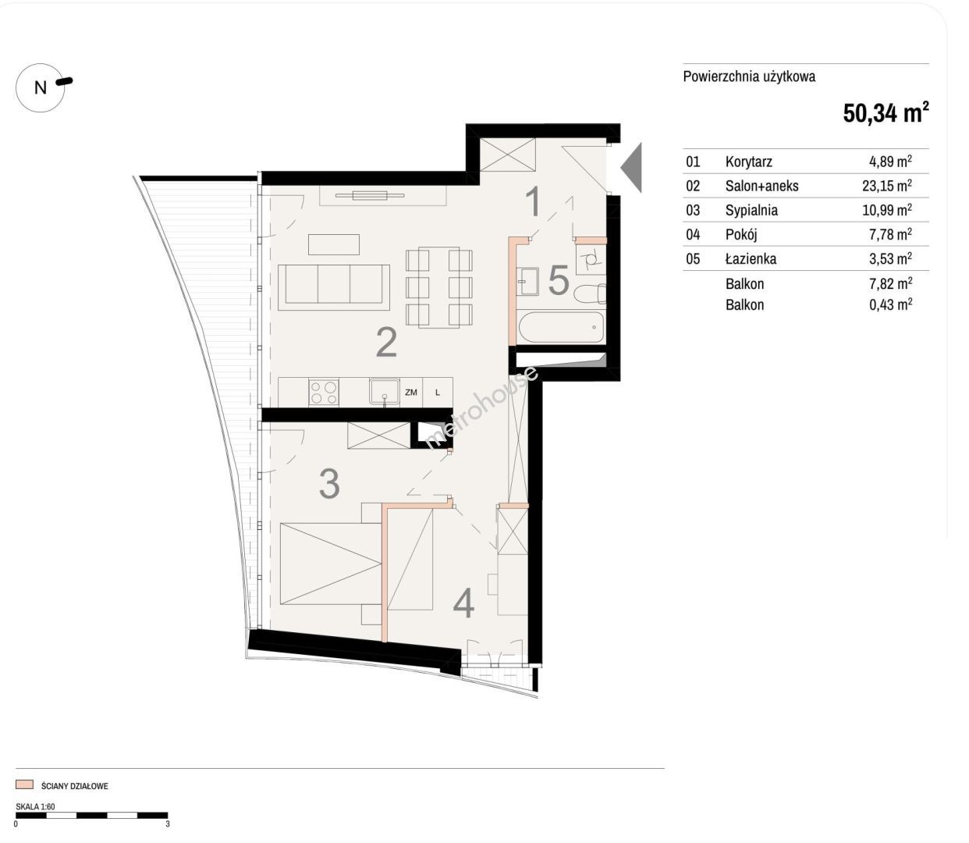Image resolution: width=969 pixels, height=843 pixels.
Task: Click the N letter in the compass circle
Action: [x=41, y=87]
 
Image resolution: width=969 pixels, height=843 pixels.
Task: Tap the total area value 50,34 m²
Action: [x=886, y=112]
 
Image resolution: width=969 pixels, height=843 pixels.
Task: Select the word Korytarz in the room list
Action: [x=749, y=162]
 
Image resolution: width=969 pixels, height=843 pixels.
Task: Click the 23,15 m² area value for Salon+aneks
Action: [x=887, y=185]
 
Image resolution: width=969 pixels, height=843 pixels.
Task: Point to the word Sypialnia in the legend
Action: [x=751, y=210]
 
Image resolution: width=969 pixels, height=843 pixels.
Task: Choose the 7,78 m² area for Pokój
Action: [x=890, y=234]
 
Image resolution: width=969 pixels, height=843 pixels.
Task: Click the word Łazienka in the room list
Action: [x=751, y=258]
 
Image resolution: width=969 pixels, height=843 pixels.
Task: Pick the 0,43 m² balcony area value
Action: [x=890, y=304]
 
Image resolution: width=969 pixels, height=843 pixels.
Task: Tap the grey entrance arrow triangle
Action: [x=631, y=167]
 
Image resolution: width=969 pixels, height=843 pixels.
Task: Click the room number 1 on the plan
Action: [x=534, y=201]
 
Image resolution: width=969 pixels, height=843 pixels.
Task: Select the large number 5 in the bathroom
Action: [x=559, y=280]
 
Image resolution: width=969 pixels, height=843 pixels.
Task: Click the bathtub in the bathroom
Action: [x=561, y=327]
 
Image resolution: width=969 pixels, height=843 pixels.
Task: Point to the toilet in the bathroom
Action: [x=590, y=293]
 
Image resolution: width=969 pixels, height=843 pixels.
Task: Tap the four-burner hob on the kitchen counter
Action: [x=324, y=393]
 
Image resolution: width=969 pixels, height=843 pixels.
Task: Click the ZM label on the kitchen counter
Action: [x=411, y=393]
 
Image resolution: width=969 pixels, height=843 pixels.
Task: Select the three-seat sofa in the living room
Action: [x=334, y=287]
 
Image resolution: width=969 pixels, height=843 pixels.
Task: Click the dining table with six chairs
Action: [x=439, y=287]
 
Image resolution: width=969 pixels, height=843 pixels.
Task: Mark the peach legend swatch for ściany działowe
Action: [x=25, y=784]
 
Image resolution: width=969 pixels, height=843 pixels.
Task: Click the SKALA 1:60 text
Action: [x=36, y=806]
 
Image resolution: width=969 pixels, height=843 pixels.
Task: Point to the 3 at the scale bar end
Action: [x=168, y=824]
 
